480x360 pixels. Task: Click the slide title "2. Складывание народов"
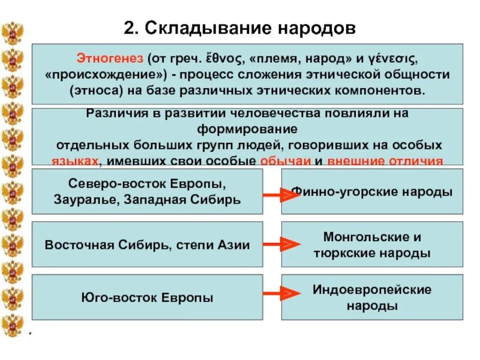pos(240,28)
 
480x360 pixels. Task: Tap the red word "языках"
pos(75,160)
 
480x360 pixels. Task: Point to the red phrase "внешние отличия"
pos(385,160)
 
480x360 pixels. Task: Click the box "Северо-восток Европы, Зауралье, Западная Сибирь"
pos(147,191)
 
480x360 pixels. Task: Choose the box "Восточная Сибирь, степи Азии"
pos(147,244)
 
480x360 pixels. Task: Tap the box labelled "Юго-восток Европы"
pos(147,297)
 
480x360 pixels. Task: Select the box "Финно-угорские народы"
pos(372,192)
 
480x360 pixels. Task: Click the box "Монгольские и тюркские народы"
pos(372,244)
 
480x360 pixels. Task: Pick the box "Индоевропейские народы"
pos(372,297)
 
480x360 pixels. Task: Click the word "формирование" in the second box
pos(249,129)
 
